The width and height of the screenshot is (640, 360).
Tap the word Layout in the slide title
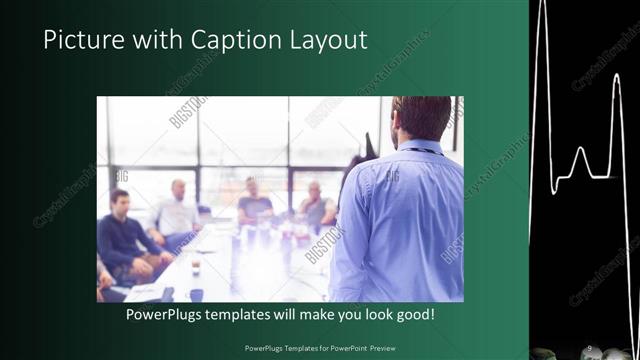322,41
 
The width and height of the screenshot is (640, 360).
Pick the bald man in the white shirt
177,213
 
